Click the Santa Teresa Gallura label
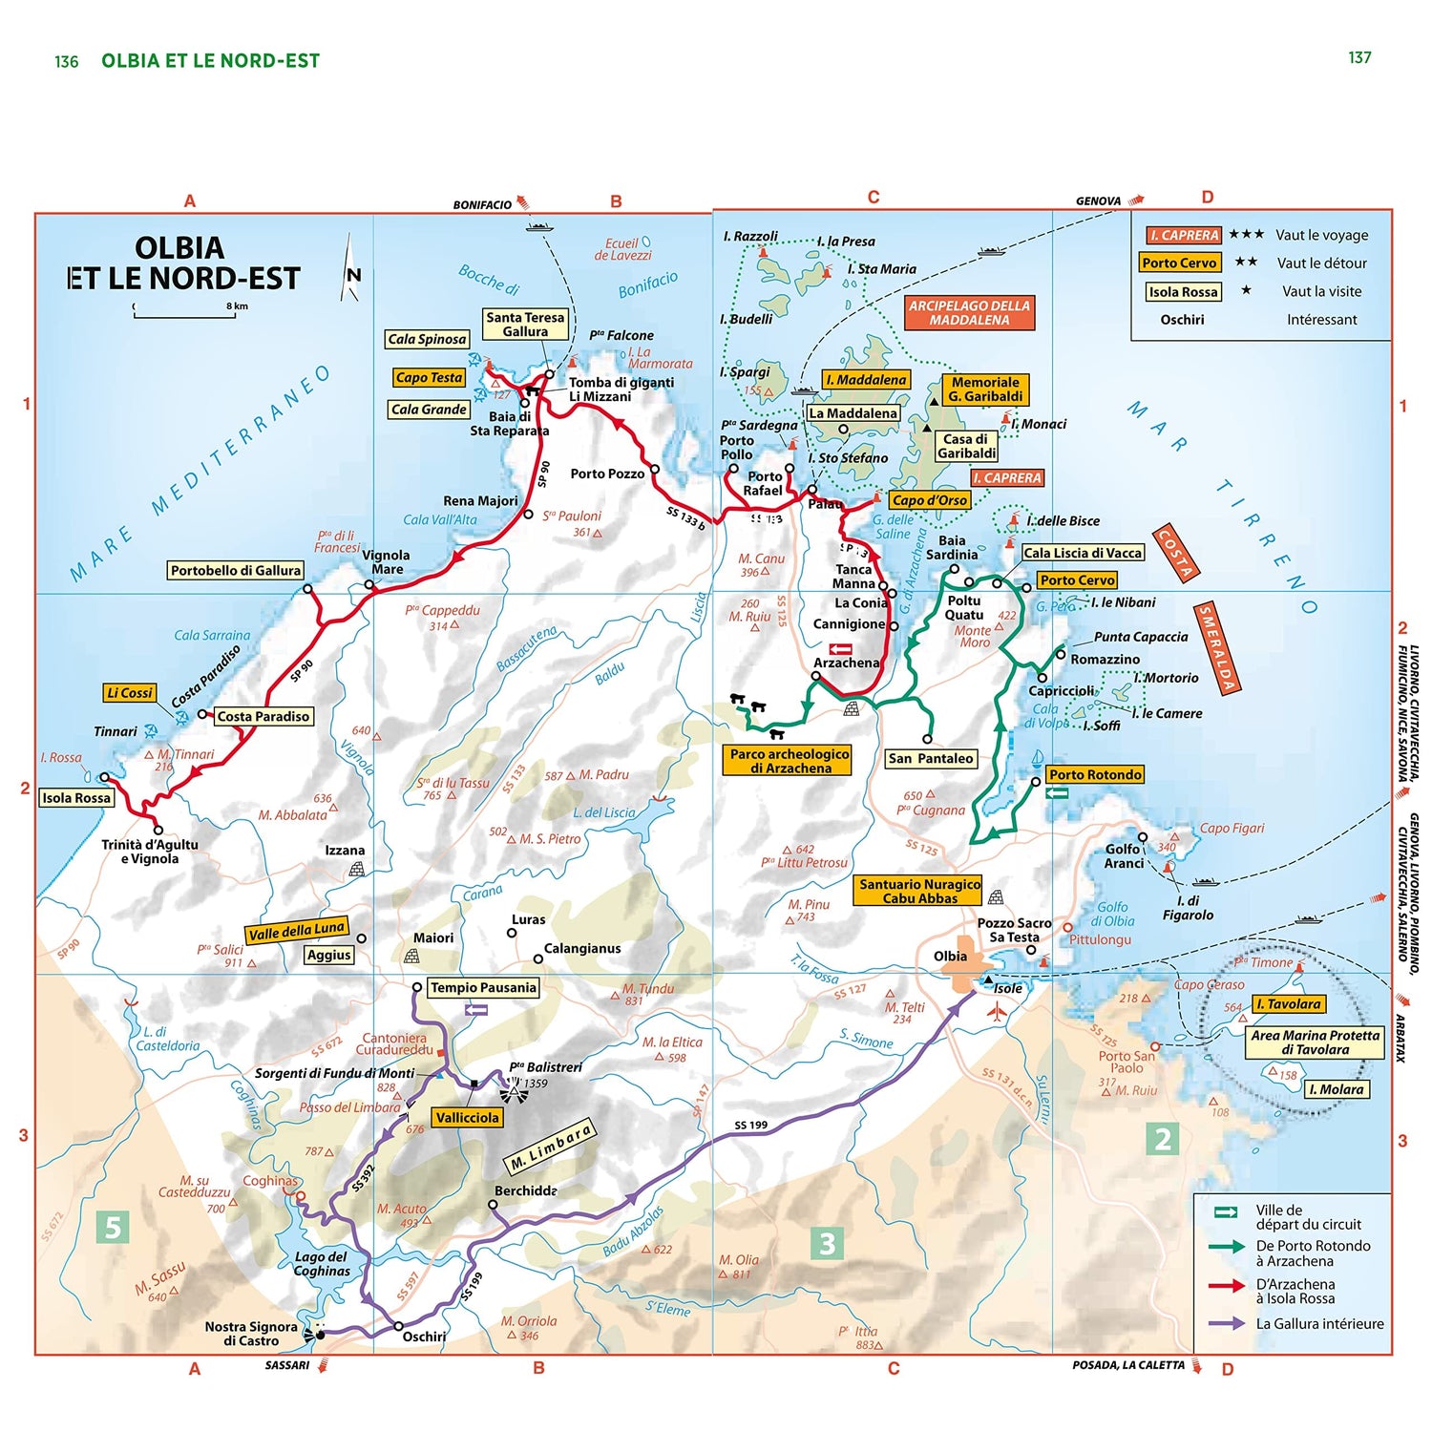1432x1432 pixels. (x=525, y=325)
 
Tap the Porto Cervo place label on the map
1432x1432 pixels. (x=1077, y=580)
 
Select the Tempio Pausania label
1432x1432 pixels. (x=483, y=988)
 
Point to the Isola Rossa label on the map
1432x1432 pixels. (x=76, y=798)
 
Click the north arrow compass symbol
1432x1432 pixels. (x=351, y=270)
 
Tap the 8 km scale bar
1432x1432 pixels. (x=184, y=310)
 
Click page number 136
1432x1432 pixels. (x=66, y=62)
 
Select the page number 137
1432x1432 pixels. (x=1359, y=58)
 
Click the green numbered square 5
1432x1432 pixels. (x=113, y=1227)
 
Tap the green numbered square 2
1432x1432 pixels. (x=1162, y=1139)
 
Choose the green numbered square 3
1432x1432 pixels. (x=827, y=1243)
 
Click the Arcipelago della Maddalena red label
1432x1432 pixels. (x=969, y=313)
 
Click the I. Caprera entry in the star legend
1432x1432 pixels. (x=1183, y=235)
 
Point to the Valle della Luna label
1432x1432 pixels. (x=296, y=931)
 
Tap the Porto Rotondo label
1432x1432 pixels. (x=1095, y=775)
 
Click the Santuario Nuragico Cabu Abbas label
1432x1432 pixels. (x=918, y=891)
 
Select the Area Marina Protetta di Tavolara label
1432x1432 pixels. (x=1315, y=1042)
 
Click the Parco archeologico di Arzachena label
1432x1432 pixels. (x=790, y=761)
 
